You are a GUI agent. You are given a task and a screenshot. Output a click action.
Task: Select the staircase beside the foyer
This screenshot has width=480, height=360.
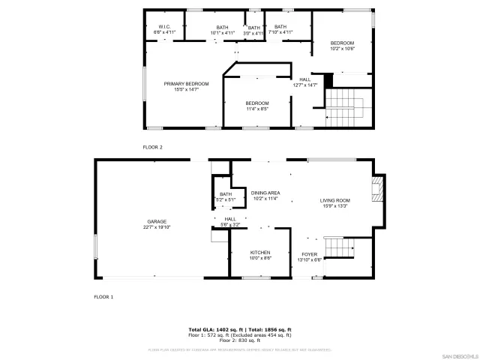(x=342, y=248)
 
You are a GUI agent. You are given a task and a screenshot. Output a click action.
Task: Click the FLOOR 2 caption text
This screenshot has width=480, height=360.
(x=153, y=147)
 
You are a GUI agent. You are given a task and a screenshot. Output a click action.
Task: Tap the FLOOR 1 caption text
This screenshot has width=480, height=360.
(x=103, y=297)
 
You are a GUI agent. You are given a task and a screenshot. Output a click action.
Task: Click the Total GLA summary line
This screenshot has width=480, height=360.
(x=239, y=329)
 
